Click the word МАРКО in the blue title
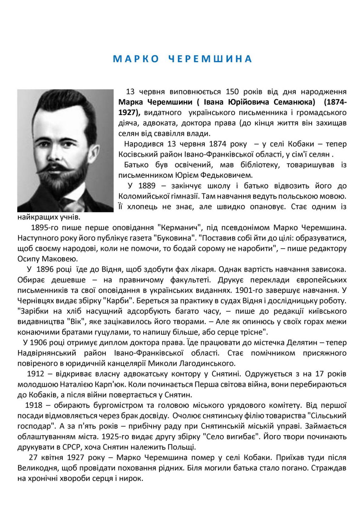point(136,59)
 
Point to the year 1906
point(40,343)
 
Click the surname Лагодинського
point(208,363)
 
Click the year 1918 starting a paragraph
point(34,405)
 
